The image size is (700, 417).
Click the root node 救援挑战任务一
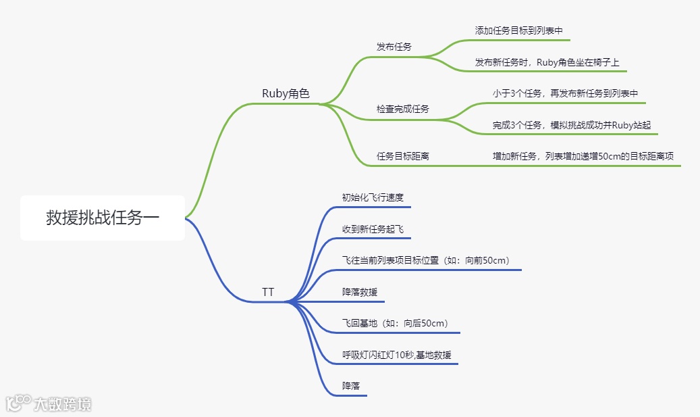coord(103,218)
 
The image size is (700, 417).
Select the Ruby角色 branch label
coord(286,94)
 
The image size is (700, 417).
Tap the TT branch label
coord(268,292)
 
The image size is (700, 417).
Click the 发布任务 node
coord(394,47)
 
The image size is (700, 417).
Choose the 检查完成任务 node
coord(403,109)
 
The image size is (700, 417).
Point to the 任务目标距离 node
coord(403,156)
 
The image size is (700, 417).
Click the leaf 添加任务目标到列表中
coord(518,30)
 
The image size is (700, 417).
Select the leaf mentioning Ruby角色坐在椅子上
coord(551,62)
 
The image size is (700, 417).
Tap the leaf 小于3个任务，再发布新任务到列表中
coord(565,93)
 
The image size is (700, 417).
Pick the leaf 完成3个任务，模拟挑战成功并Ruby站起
coord(571,125)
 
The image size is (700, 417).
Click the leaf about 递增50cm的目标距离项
coord(583,156)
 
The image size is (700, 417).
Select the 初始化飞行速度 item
coord(373,197)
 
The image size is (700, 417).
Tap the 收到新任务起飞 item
coord(373,229)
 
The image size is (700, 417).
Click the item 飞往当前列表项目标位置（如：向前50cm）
coord(425,260)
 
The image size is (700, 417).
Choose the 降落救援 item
coord(360,292)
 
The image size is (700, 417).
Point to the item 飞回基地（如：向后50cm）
coord(395,323)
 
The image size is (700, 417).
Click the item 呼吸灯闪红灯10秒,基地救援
coord(401,355)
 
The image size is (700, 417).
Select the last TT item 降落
coord(351,386)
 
